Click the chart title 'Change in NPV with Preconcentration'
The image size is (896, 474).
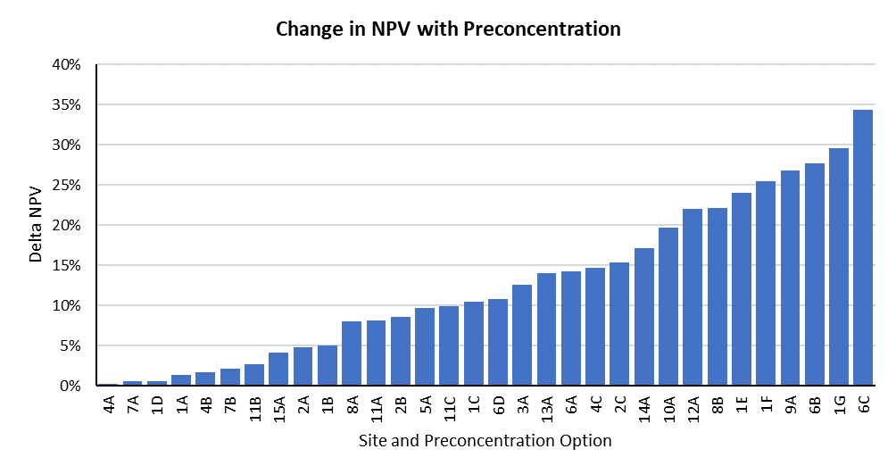448,29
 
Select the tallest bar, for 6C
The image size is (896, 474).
863,248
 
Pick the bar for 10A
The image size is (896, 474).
668,307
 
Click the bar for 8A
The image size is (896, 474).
352,353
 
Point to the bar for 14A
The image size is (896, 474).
644,317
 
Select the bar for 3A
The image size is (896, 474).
522,336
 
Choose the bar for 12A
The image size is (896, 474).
693,297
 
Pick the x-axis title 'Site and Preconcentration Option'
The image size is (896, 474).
485,441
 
